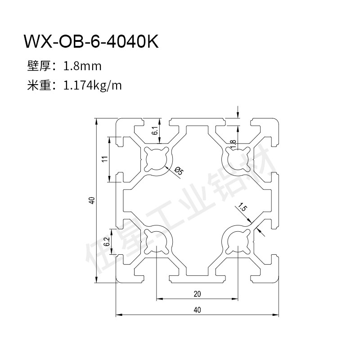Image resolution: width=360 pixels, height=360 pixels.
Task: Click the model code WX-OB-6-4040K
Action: [91, 41]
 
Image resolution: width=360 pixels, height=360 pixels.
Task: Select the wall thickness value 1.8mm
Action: [82, 66]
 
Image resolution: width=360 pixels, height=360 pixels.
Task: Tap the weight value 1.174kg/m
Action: [92, 85]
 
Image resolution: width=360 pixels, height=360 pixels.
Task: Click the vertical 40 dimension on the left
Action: [92, 200]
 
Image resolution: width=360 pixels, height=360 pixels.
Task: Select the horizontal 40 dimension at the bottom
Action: [197, 310]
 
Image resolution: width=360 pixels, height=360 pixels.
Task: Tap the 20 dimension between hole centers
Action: [197, 294]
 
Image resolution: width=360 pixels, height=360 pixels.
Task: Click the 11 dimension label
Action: [105, 159]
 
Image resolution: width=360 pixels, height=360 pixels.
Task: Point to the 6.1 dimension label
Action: [155, 130]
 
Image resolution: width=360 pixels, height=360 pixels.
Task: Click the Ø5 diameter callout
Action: [179, 171]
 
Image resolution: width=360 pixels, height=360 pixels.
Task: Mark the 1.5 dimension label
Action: [243, 207]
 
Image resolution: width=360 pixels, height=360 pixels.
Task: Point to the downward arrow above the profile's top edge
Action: [238, 112]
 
